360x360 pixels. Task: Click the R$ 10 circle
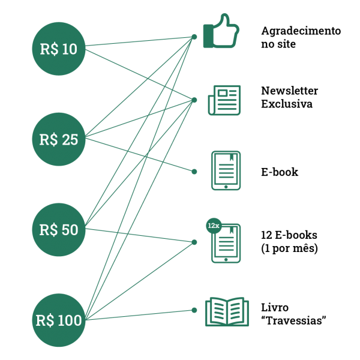(59, 49)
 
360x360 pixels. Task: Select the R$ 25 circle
(59, 139)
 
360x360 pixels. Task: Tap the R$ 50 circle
(59, 229)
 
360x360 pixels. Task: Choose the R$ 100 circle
(59, 320)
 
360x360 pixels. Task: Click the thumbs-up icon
(221, 32)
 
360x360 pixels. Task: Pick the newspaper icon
(224, 100)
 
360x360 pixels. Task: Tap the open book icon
(227, 312)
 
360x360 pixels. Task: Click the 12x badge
(213, 226)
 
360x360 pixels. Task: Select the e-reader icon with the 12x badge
(227, 244)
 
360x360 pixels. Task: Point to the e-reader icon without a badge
(226, 170)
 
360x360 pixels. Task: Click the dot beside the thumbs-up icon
(194, 37)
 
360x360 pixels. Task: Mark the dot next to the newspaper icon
(194, 100)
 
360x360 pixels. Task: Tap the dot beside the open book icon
(194, 310)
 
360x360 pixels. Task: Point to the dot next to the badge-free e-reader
(194, 172)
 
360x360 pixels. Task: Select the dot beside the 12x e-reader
(194, 242)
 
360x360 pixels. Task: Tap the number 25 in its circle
(70, 140)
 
